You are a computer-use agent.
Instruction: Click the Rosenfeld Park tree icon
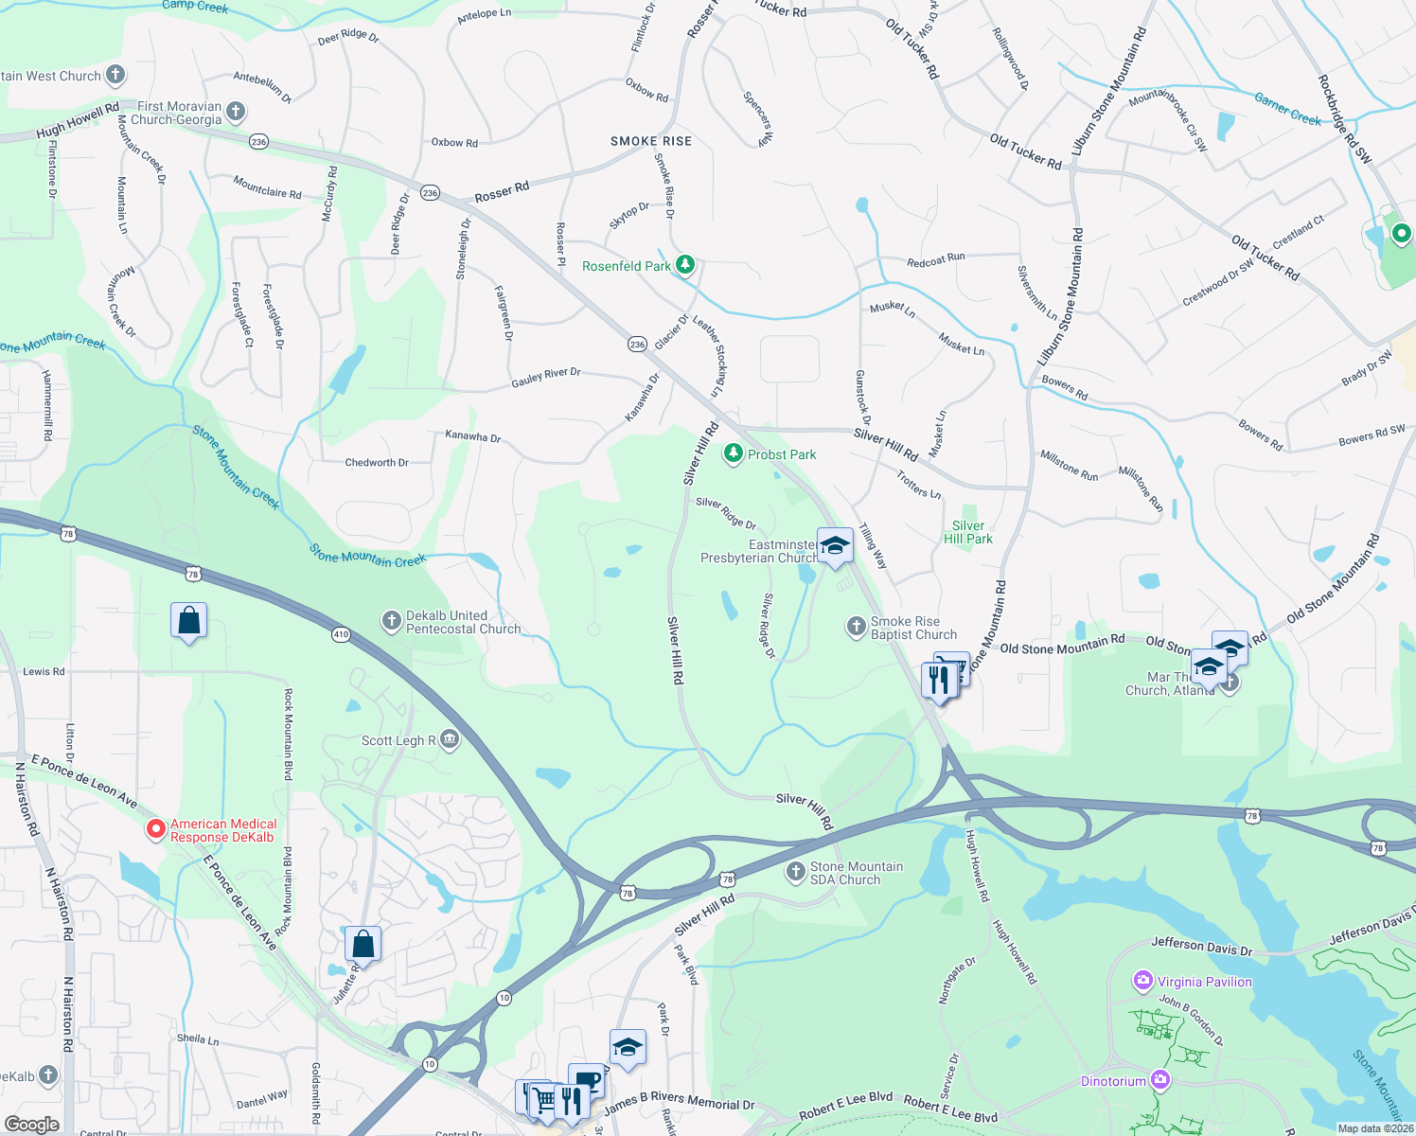(685, 265)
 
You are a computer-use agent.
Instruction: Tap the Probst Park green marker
(733, 454)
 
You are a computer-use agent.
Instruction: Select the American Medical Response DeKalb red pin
(156, 829)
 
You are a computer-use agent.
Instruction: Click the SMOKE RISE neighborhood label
(651, 141)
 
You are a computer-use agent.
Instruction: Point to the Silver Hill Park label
(968, 532)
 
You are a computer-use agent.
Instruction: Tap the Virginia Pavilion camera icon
(1143, 981)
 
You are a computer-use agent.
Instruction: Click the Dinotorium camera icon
(1160, 1080)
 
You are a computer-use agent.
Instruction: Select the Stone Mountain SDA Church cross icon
(795, 872)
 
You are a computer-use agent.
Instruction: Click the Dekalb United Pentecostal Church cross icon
(391, 621)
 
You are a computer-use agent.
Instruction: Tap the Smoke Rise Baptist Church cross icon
(856, 626)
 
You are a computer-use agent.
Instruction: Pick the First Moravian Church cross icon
(235, 112)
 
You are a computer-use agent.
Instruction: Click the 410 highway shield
(341, 635)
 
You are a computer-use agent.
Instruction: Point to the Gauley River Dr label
(546, 377)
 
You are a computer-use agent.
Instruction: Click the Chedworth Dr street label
(377, 463)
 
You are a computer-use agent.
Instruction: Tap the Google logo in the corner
(31, 1124)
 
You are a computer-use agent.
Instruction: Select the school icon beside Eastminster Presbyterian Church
(835, 546)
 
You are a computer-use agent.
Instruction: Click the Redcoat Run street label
(935, 258)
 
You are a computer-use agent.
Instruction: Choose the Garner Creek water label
(1287, 109)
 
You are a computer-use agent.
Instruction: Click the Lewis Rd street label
(44, 671)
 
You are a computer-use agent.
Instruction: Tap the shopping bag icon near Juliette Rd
(363, 944)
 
